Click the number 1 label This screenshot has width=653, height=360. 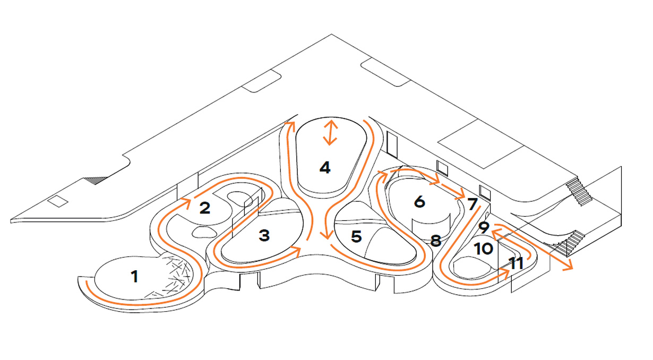coord(134,276)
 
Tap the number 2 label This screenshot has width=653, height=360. coord(205,208)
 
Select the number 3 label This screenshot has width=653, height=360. coord(264,236)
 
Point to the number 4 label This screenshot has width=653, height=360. coord(325,168)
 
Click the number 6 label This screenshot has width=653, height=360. coord(419,202)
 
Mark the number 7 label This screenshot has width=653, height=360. coord(472,203)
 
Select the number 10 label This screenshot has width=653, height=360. coord(483,248)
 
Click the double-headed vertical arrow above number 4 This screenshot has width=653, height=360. coord(330,133)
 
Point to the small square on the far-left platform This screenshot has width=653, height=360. coord(55,201)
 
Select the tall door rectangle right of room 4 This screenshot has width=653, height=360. coord(392,144)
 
